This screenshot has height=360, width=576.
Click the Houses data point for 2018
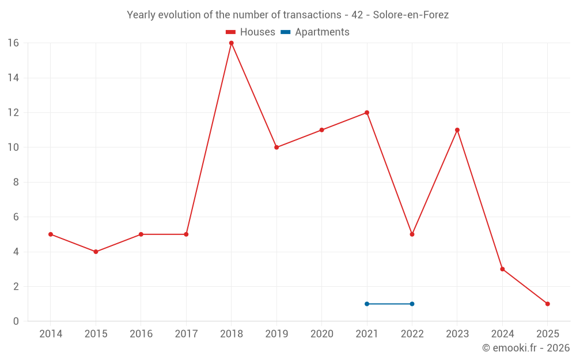click(231, 43)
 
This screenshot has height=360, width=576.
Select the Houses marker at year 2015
click(96, 252)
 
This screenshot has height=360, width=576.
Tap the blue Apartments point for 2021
click(367, 304)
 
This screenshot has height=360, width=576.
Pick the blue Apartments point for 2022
click(412, 304)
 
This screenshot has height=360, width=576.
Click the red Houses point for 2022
click(412, 234)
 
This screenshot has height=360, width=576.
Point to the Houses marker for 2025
click(548, 304)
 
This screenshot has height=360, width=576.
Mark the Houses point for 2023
click(457, 130)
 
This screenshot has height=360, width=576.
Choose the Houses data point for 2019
click(276, 147)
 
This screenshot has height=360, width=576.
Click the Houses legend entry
click(251, 32)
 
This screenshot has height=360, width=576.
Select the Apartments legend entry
click(315, 32)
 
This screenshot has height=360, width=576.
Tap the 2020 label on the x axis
click(321, 334)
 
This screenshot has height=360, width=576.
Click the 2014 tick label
click(51, 334)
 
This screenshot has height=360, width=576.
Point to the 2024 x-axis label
click(502, 334)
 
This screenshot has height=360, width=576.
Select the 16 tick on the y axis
click(13, 43)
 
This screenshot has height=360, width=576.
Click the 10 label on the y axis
click(13, 147)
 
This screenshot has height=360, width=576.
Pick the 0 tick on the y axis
click(16, 321)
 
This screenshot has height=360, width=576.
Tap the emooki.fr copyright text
click(526, 348)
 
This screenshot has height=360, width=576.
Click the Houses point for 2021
click(367, 113)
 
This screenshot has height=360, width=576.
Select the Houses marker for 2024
click(502, 269)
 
